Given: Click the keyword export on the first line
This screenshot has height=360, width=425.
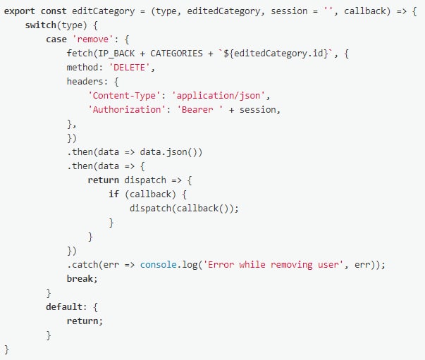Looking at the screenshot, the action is [x=20, y=11].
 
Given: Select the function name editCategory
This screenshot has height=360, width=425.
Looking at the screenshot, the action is [x=104, y=11].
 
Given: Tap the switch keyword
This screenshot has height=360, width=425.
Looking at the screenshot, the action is [x=41, y=25].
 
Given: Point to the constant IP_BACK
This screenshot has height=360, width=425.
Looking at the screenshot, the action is [x=116, y=54].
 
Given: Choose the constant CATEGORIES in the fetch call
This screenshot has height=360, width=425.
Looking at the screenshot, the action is [x=176, y=54].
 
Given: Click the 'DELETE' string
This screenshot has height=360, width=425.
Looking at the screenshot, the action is [x=130, y=68].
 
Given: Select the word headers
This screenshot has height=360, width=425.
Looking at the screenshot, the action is [x=85, y=81].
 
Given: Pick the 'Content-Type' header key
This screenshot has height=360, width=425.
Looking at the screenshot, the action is [x=125, y=96].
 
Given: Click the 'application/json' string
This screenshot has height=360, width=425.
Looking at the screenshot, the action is [x=218, y=96].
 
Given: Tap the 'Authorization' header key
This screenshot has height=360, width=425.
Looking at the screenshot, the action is [x=127, y=110].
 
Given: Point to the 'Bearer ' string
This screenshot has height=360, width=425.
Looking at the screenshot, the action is [x=200, y=110].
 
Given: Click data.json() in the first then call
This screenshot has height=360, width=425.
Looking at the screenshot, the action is [x=171, y=152].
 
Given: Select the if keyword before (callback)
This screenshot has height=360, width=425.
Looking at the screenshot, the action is [x=114, y=194].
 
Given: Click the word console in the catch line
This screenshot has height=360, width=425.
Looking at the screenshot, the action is [x=159, y=265].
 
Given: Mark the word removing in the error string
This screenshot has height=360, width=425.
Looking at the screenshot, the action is [x=292, y=265].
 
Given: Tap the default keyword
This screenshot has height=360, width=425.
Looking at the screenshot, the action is [x=64, y=307].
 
